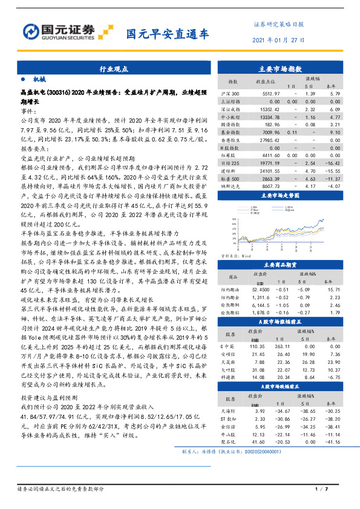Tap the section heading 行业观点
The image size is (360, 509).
113,70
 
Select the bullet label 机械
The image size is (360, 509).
39,80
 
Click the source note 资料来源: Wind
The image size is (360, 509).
235,256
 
